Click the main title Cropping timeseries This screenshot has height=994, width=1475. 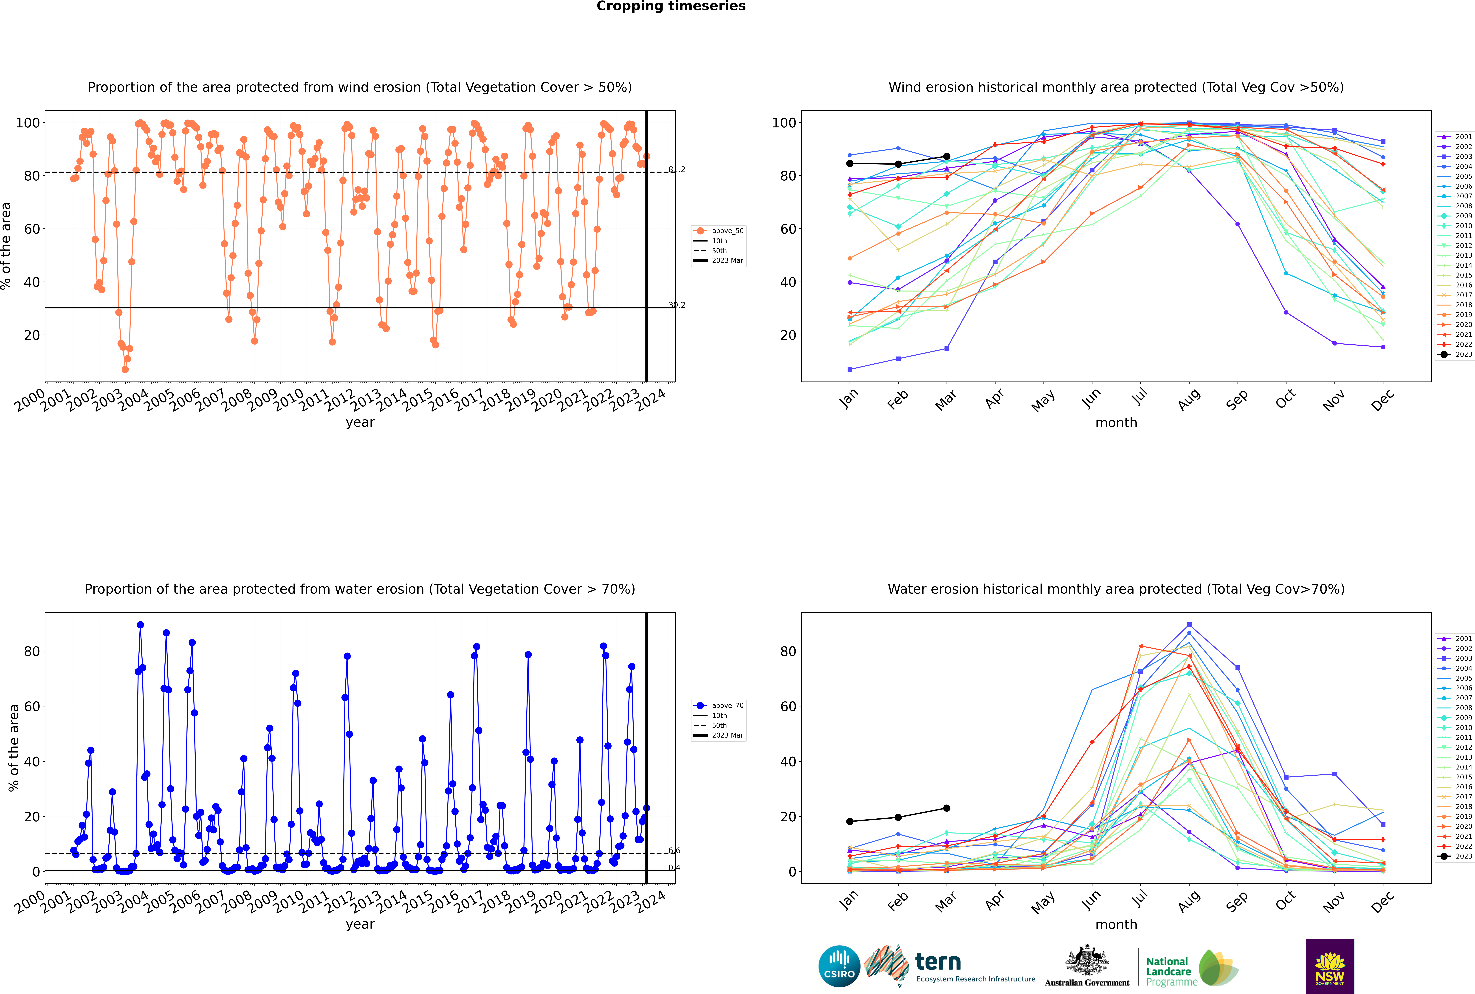pyautogui.click(x=671, y=6)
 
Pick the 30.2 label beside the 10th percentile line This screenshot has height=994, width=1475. pyautogui.click(x=677, y=305)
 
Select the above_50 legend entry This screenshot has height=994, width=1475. pyautogui.click(x=719, y=231)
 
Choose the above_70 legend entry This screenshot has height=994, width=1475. pyautogui.click(x=719, y=706)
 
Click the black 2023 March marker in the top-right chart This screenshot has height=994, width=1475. pyautogui.click(x=947, y=156)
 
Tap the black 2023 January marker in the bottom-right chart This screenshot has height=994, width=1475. pyautogui.click(x=850, y=822)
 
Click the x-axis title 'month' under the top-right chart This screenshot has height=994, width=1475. pyautogui.click(x=1116, y=423)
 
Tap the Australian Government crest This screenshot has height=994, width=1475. pyautogui.click(x=1087, y=960)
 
